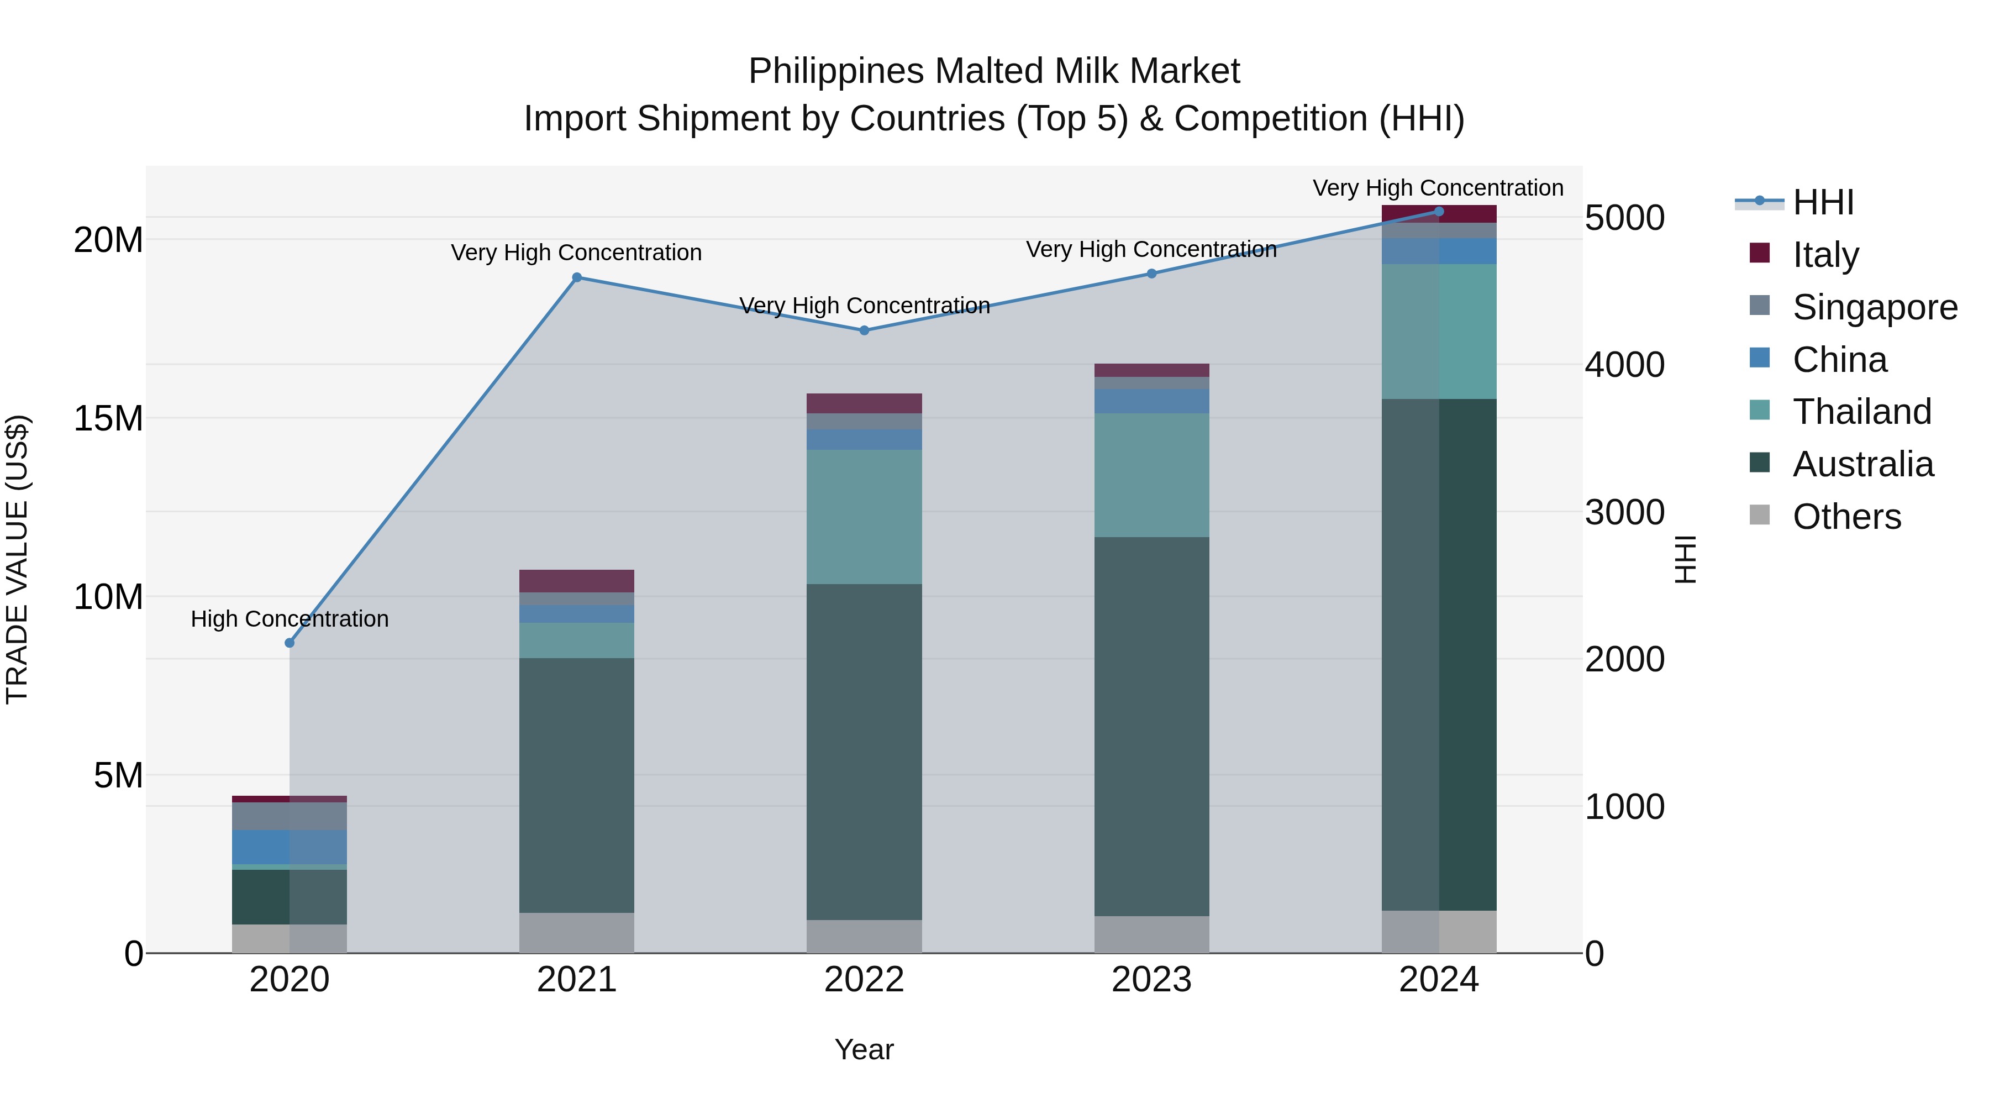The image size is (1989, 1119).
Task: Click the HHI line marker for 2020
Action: [290, 643]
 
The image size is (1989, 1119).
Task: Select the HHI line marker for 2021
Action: [577, 277]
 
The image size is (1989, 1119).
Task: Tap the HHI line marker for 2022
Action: [864, 330]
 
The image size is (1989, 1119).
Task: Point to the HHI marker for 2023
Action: [1151, 274]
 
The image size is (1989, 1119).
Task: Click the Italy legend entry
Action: [1825, 254]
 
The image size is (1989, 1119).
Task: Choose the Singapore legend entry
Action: [1874, 307]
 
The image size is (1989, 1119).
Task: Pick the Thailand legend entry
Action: [1861, 412]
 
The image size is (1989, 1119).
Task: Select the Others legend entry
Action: [1846, 517]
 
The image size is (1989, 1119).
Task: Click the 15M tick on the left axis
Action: [108, 418]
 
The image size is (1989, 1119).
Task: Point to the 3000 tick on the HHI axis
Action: [1624, 512]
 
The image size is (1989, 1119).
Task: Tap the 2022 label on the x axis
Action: [864, 980]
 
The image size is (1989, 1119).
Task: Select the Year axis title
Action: [864, 1049]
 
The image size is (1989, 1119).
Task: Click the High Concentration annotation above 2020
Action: [290, 618]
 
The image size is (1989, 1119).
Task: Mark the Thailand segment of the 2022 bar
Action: [864, 517]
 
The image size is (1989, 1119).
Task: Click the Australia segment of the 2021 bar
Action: [577, 785]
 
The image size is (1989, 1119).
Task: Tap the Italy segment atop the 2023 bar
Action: [1151, 370]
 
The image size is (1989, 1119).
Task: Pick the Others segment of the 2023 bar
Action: [1151, 934]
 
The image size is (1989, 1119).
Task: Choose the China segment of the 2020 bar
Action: [290, 847]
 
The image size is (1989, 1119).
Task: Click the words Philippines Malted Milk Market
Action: [994, 71]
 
